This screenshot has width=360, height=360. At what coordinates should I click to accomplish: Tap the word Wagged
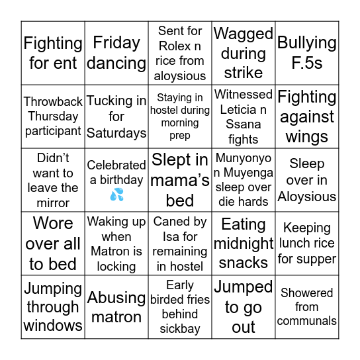(x=244, y=34)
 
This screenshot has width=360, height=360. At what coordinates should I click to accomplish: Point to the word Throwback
(x=53, y=102)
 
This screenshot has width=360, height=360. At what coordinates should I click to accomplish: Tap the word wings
(x=307, y=137)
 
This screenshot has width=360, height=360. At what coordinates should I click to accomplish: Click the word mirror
(x=53, y=202)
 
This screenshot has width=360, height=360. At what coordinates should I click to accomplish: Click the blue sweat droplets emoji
(x=116, y=195)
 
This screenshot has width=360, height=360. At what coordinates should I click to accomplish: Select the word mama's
(x=180, y=180)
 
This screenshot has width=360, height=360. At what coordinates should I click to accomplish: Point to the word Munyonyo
(x=243, y=159)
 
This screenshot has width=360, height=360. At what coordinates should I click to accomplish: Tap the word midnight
(x=244, y=244)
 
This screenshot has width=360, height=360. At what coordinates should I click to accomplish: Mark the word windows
(x=53, y=326)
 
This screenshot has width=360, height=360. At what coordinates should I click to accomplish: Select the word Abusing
(x=116, y=297)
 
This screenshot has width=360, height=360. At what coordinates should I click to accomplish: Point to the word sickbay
(x=180, y=329)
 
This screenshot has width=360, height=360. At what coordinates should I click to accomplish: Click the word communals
(x=307, y=321)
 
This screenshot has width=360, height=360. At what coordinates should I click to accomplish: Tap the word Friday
(x=116, y=43)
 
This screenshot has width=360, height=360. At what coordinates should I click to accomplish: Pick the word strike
(x=244, y=72)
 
